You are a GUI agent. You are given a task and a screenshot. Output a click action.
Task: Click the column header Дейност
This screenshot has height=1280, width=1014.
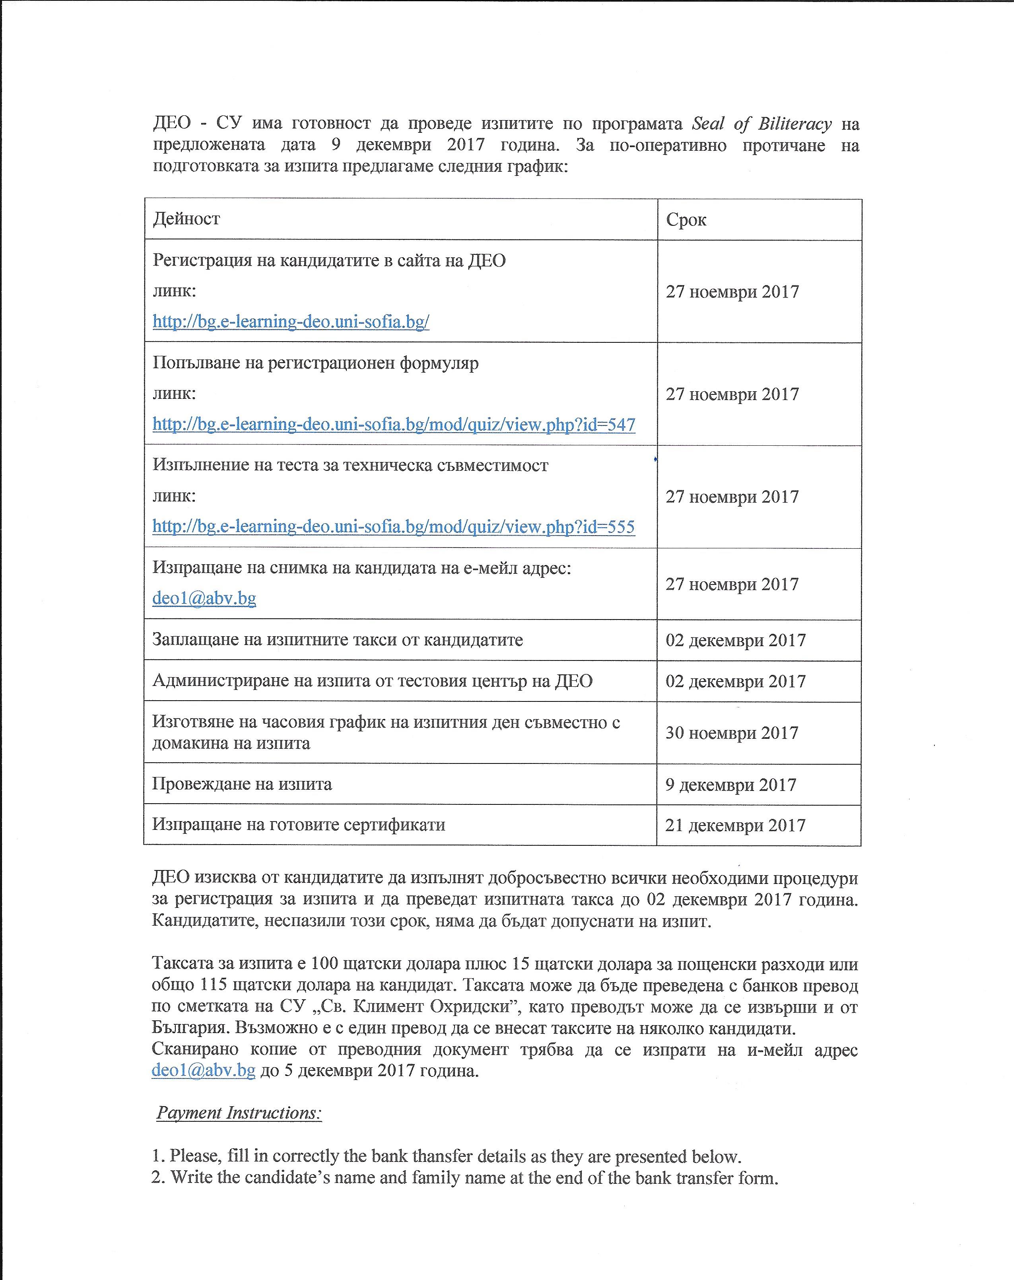tap(186, 219)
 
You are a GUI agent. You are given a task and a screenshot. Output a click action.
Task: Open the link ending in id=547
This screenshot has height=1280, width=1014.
tap(394, 425)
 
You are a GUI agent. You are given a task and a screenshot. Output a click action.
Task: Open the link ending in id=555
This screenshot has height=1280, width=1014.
tap(394, 526)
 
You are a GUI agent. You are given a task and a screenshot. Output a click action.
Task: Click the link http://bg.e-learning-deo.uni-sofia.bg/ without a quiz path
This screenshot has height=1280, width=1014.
tap(291, 322)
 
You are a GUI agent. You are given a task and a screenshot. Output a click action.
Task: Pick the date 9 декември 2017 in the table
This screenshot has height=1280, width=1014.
tap(730, 785)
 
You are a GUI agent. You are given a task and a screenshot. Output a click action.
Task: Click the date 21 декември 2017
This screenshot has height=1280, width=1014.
tap(735, 825)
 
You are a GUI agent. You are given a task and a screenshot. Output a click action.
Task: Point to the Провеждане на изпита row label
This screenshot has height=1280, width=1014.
tap(242, 784)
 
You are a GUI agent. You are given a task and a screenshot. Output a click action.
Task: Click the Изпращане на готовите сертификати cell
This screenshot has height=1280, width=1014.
tap(299, 825)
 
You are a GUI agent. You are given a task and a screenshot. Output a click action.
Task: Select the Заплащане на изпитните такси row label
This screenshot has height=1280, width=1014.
tap(337, 640)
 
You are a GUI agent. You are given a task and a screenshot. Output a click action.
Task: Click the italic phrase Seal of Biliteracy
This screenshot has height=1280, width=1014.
tap(761, 124)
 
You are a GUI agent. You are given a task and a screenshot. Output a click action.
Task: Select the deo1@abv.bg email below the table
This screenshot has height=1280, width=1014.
tap(204, 1070)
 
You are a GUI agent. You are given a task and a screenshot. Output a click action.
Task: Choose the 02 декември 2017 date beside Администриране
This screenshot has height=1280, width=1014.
tap(735, 681)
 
